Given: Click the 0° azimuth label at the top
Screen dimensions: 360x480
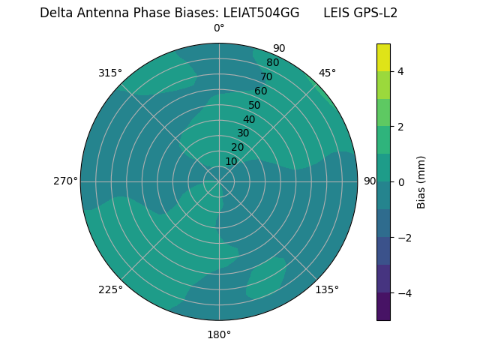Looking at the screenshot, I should [x=219, y=28].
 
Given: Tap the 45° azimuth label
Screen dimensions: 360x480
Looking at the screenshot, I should [x=327, y=73].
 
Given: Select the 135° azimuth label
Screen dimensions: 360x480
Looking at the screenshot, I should [x=327, y=289].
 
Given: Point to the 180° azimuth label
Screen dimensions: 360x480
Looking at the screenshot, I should [x=219, y=334].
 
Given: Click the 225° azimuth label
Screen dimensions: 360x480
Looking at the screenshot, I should [x=110, y=289].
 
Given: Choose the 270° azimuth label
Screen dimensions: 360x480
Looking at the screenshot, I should [x=65, y=181].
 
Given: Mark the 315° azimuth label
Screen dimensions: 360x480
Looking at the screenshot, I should [x=110, y=73].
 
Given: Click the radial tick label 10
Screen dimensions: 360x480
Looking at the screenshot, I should [x=231, y=161].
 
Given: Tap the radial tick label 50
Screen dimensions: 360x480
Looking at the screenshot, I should [x=254, y=105].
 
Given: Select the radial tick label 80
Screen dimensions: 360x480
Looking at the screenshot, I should [x=272, y=62].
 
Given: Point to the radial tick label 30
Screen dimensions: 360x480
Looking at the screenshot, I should [x=243, y=133].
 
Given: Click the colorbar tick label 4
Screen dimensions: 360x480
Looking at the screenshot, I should [x=400, y=71].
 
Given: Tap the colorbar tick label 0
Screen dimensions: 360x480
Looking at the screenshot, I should [x=400, y=181].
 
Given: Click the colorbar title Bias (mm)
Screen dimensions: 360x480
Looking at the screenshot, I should [x=421, y=181].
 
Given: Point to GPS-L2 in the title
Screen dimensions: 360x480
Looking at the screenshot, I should [x=371, y=13].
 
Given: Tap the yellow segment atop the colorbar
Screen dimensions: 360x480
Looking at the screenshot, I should [x=383, y=57].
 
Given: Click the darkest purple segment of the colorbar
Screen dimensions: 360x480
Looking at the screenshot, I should [x=383, y=306].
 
